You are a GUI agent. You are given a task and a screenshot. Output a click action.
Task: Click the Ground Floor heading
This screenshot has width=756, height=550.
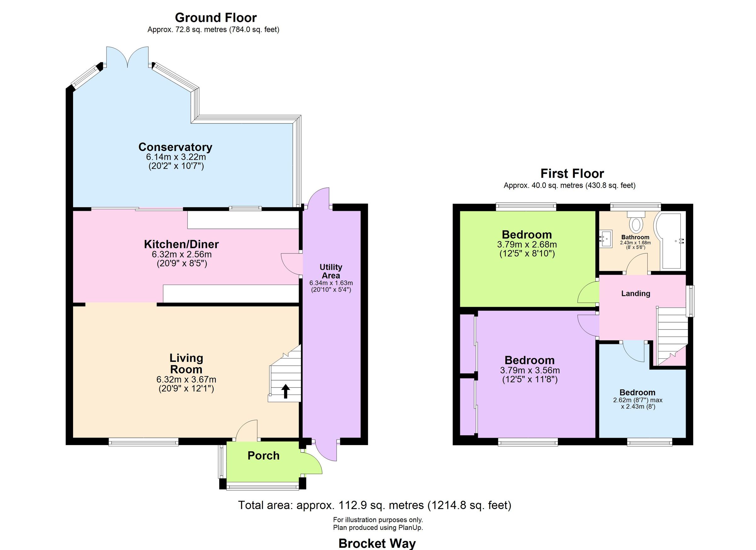pos(216,18)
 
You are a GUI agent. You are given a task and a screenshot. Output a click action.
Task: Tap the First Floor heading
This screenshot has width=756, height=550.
pos(572,174)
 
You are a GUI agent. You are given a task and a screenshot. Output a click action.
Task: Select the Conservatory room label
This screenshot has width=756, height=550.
pos(175,147)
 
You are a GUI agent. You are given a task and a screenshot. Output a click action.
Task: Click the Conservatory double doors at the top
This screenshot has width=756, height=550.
pos(128,57)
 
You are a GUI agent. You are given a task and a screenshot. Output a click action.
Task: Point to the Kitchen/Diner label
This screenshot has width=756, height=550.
pos(181,244)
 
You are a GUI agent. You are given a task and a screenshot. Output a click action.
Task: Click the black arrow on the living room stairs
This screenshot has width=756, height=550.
pos(285,391)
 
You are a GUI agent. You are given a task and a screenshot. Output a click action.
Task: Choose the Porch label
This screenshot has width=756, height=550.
pos(263,456)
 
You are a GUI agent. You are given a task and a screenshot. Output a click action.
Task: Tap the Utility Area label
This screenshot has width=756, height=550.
pos(331,271)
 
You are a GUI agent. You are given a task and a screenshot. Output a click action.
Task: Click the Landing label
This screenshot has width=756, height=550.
pos(636,293)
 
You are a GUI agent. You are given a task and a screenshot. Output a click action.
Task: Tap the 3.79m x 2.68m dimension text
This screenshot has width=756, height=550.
pos(527,245)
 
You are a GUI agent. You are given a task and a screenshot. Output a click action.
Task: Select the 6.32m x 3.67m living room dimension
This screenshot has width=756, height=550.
pos(186,379)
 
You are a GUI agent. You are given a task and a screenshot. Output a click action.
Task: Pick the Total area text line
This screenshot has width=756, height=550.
pos(375,505)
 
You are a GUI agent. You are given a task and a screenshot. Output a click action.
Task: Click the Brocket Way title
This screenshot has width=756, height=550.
pos(377,543)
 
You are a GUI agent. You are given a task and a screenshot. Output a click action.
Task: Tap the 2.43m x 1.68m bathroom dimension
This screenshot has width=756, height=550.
pos(635,243)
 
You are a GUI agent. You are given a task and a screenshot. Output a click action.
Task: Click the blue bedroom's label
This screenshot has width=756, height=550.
pos(637,393)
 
